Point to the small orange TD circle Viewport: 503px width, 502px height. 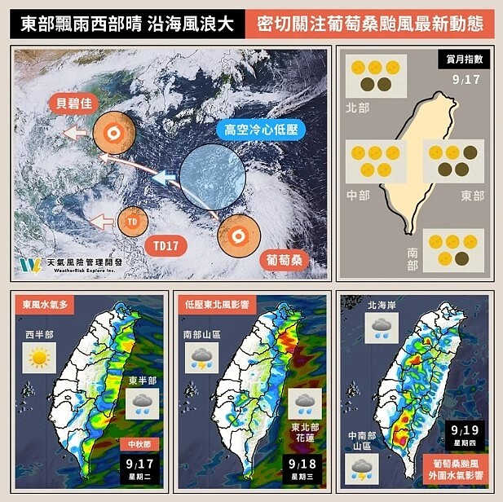click(132, 221)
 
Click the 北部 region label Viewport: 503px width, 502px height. click(357, 106)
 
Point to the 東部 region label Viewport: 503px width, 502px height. click(472, 196)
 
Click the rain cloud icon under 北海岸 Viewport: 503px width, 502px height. click(380, 328)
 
